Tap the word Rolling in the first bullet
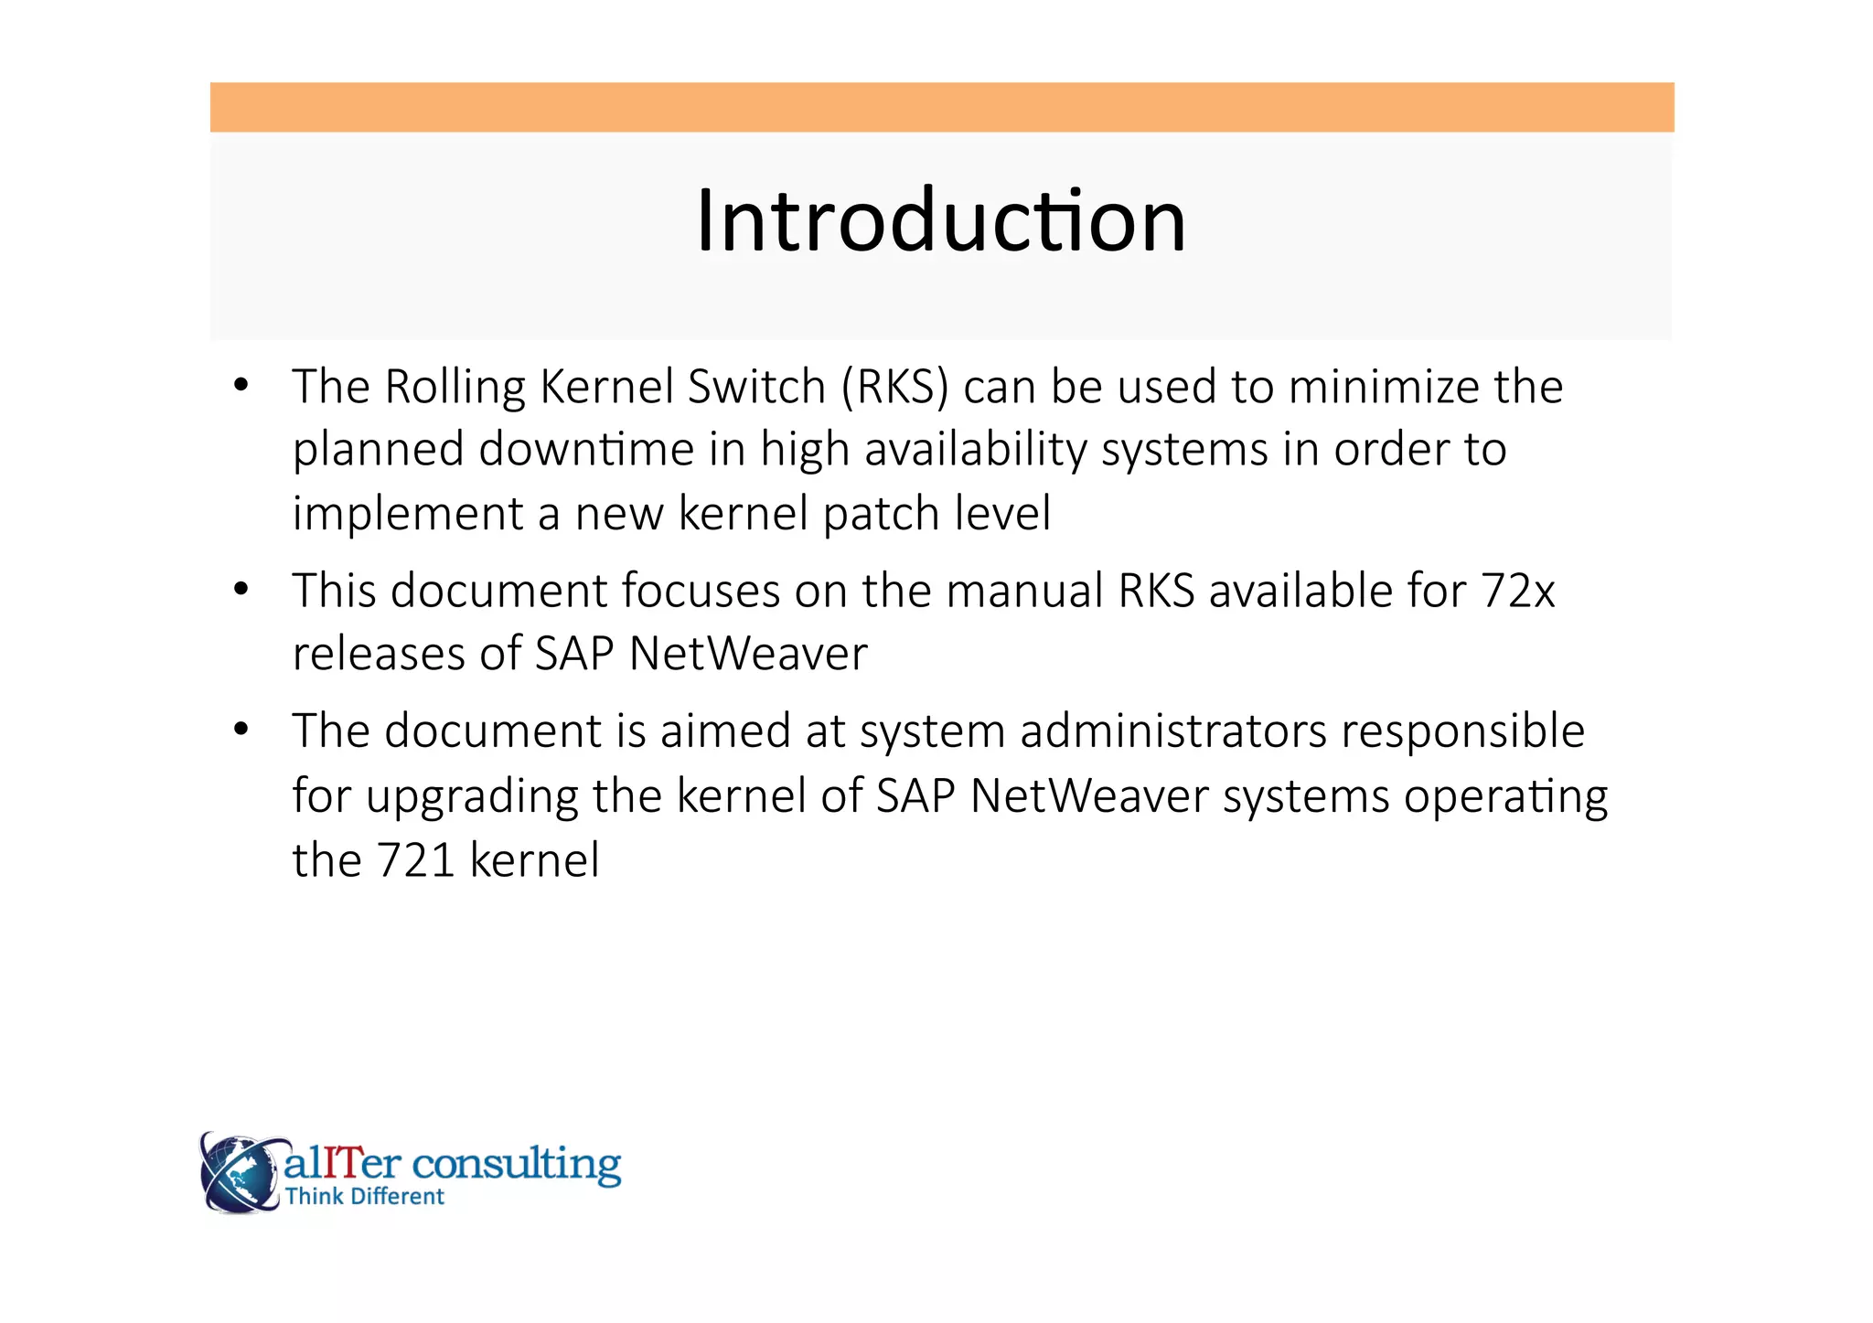click(455, 388)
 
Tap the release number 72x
click(1518, 591)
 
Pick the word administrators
click(1173, 731)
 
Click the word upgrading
click(472, 796)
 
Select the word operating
click(1505, 796)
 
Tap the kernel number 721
click(416, 860)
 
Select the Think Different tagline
click(364, 1197)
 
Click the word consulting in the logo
click(517, 1165)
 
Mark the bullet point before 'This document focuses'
click(241, 591)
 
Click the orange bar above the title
click(942, 107)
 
